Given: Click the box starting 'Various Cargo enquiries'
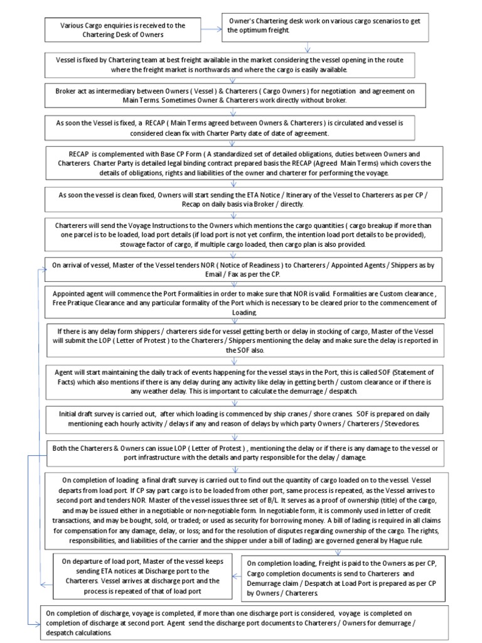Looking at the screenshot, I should pos(123,30).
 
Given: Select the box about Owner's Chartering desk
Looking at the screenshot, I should pos(308,26).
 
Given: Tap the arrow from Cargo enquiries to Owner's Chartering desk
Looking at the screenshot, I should pos(212,28).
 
